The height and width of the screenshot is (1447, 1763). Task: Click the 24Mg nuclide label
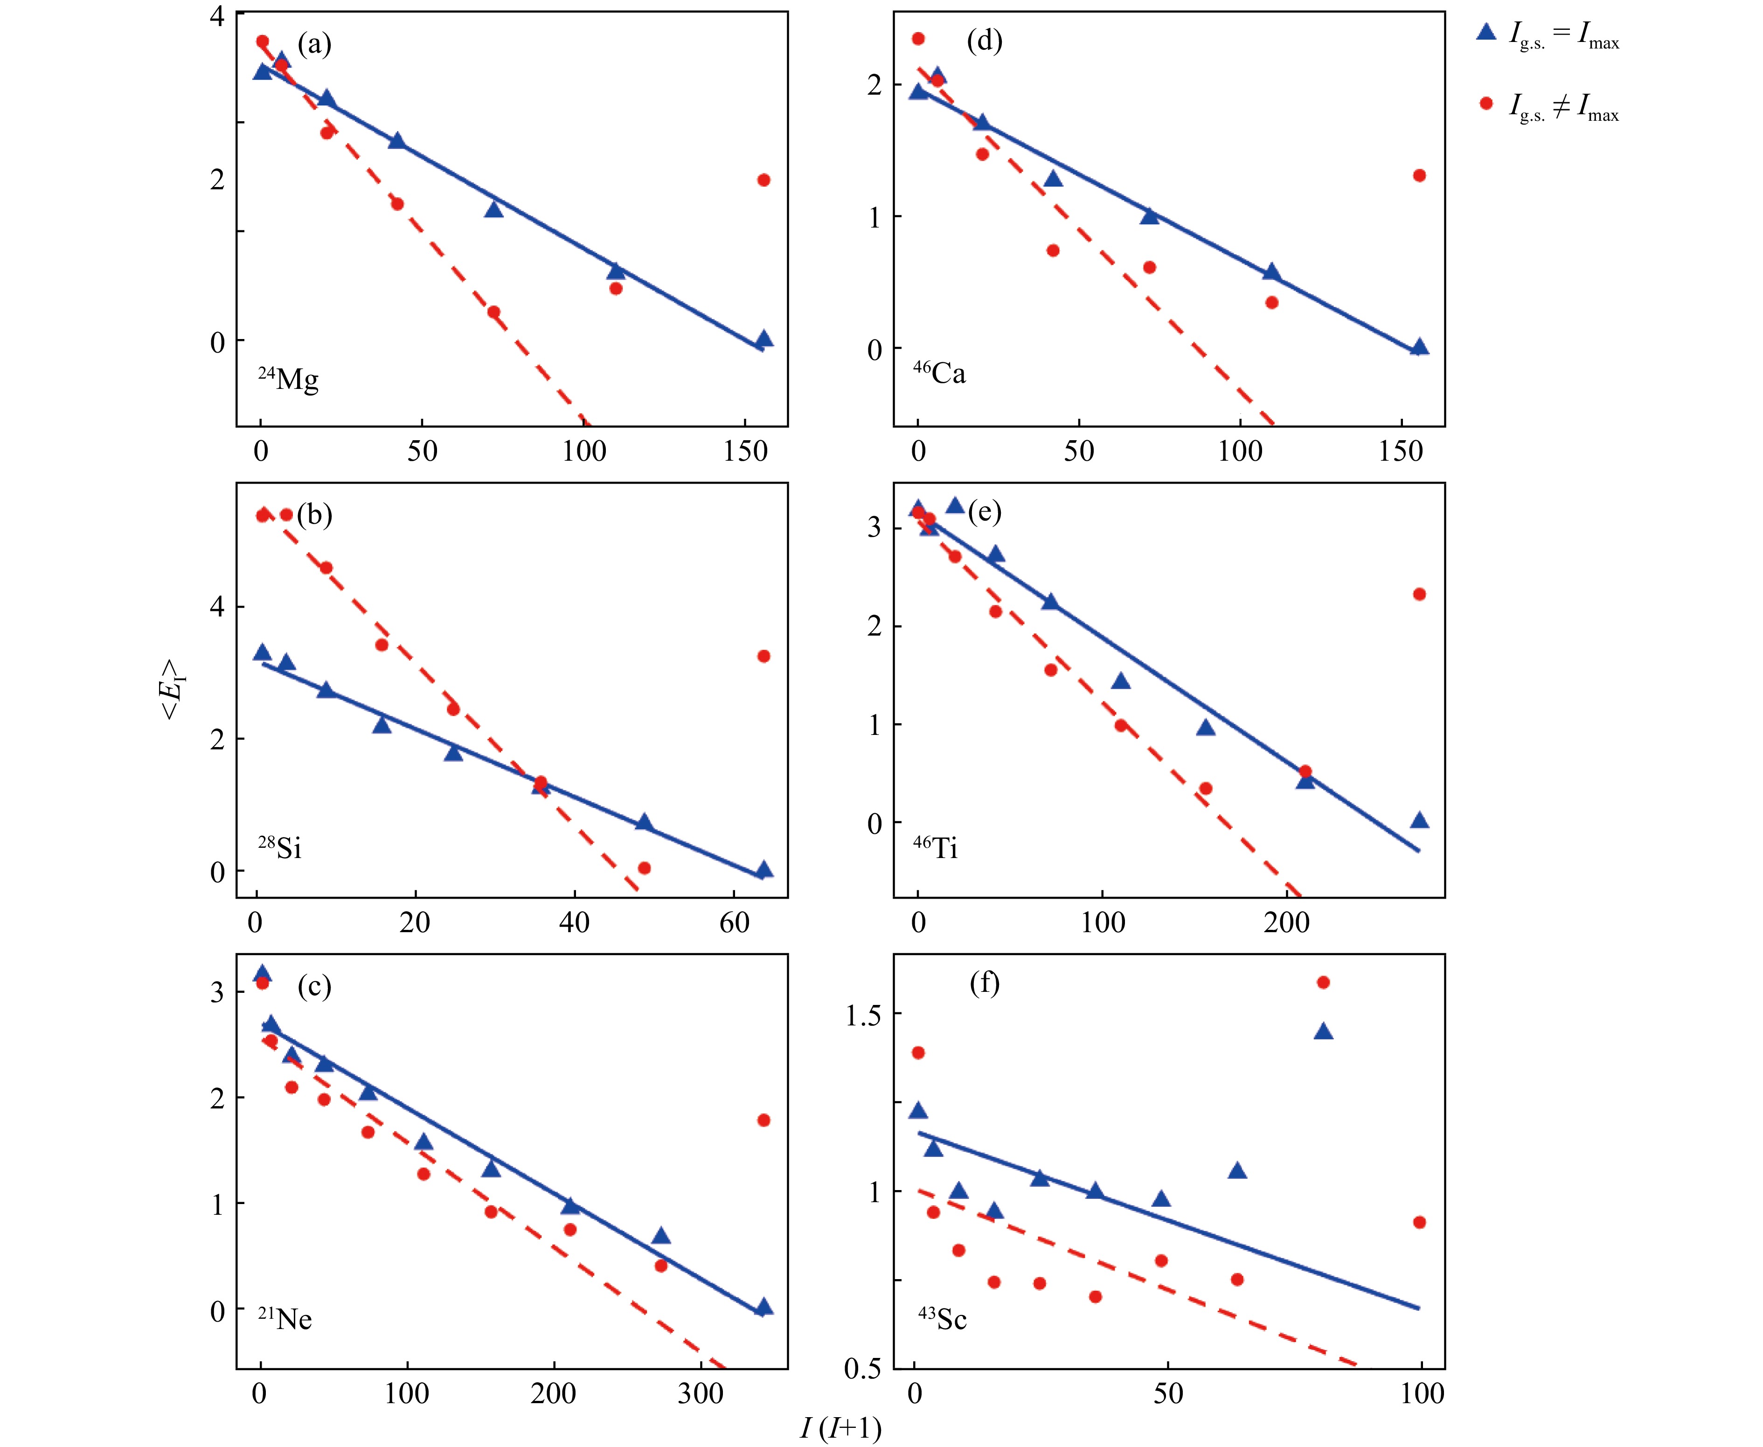[x=288, y=379]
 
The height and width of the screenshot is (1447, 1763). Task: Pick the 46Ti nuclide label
[x=935, y=848]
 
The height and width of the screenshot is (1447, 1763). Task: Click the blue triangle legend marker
[x=1486, y=33]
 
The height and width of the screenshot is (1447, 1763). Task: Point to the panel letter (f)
[x=985, y=983]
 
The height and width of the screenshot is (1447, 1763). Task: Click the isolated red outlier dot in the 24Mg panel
[x=764, y=180]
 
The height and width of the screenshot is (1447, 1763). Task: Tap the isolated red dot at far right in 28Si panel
[x=764, y=656]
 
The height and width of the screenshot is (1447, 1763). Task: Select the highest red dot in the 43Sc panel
[x=1323, y=983]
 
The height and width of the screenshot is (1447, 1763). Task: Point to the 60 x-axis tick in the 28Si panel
[x=735, y=923]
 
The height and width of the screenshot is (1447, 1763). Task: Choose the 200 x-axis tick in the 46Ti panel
[x=1286, y=923]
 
